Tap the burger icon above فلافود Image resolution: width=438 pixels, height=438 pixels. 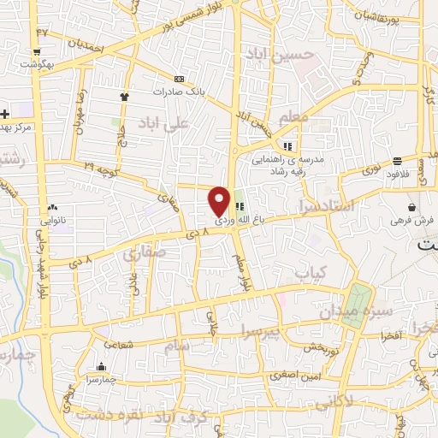398,161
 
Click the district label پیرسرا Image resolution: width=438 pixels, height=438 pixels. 260,329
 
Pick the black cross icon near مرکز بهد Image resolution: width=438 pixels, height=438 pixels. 5,113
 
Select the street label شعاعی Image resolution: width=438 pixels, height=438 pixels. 121,340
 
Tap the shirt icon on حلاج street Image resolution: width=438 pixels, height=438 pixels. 125,96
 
